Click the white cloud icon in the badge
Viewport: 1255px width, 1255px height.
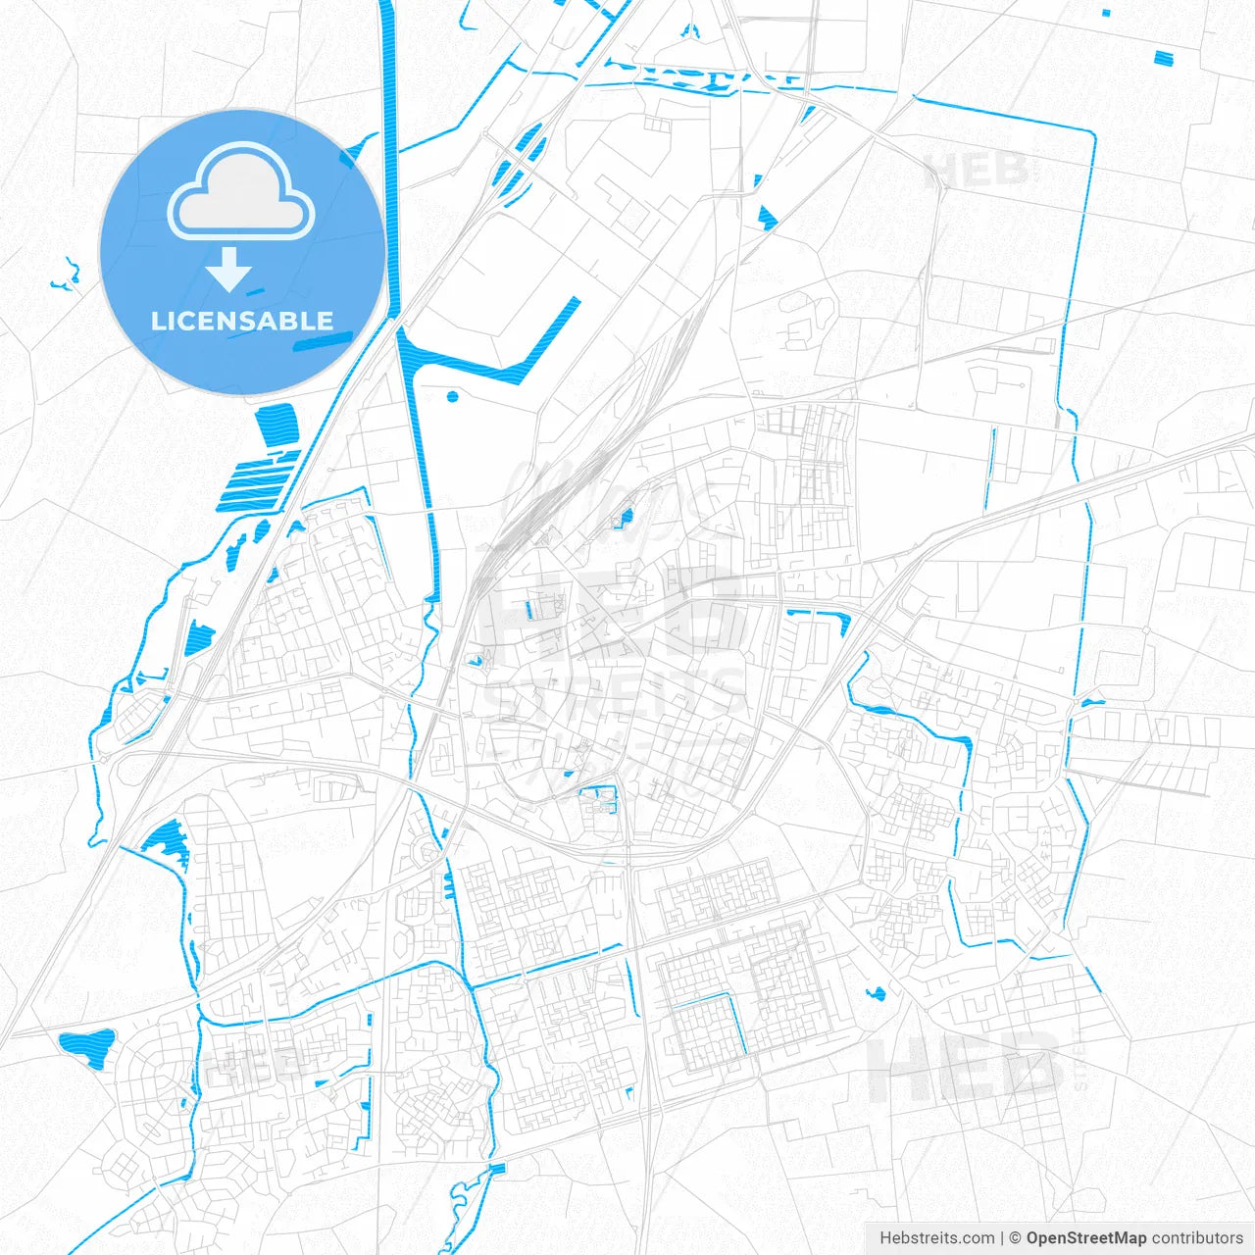(241, 192)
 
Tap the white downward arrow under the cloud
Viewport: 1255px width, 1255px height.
(229, 269)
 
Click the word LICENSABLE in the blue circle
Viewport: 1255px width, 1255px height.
(242, 321)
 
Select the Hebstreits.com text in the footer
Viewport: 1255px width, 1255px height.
(936, 1237)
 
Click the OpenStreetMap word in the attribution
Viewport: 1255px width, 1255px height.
(1086, 1237)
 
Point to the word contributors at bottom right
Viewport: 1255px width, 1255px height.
(1197, 1237)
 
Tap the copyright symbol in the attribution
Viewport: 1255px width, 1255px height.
(1016, 1237)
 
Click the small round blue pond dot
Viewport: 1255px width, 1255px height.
(452, 397)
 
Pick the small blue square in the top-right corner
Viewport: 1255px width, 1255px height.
(1164, 58)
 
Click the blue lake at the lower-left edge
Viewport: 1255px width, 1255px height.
(87, 1046)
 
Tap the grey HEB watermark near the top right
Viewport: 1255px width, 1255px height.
(976, 170)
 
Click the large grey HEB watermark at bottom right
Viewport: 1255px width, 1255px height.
(966, 1067)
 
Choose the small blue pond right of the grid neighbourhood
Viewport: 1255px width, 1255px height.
(876, 993)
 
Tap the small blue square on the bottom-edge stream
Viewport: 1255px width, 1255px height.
(497, 1169)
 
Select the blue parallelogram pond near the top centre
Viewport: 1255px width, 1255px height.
(767, 217)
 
